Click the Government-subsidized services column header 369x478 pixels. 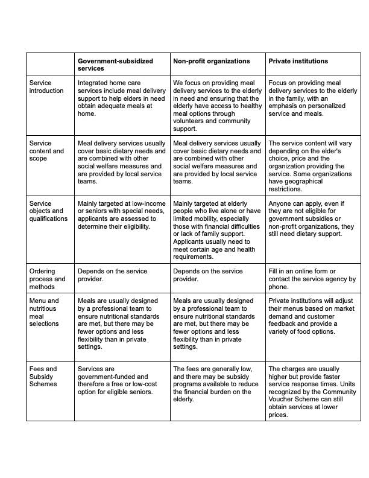tap(115, 65)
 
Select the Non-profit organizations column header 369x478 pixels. tap(211, 62)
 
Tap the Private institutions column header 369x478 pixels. tap(298, 62)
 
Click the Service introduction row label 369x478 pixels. tap(46, 87)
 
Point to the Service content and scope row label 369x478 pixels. tap(46, 151)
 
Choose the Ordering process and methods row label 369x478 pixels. tap(47, 279)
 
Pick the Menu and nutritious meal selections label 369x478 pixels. tap(45, 312)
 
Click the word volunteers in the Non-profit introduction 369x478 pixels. tap(189, 121)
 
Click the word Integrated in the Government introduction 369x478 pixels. tap(93, 83)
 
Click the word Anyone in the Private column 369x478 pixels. tap(280, 203)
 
